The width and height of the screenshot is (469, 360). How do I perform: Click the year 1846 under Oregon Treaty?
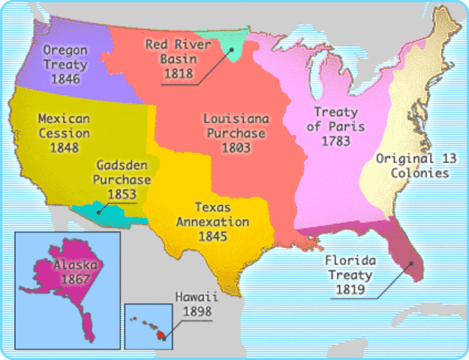tap(65, 78)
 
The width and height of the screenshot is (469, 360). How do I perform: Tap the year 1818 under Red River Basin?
tap(181, 73)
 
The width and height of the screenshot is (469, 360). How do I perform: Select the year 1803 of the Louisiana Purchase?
tap(233, 148)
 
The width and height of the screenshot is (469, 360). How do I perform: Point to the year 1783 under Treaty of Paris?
tap(335, 140)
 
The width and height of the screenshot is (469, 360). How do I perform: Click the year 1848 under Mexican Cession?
tap(64, 148)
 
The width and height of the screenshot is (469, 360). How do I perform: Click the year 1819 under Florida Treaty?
tap(350, 289)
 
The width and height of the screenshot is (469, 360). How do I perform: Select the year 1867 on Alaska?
tap(75, 280)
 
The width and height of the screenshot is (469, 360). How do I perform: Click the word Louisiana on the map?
tap(233, 119)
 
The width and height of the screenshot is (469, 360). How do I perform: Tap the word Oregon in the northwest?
tap(65, 50)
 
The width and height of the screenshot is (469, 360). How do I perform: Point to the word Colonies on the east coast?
tap(422, 173)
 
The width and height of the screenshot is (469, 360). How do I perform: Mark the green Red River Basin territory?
tap(235, 42)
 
